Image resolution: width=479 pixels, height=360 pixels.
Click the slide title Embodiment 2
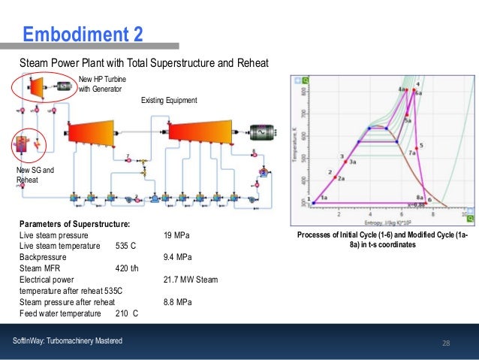tap(82, 34)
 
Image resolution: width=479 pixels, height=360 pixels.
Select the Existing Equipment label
tap(169, 100)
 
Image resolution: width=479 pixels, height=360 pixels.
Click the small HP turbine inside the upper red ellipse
tap(37, 88)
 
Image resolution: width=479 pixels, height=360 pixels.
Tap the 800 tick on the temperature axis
tap(304, 92)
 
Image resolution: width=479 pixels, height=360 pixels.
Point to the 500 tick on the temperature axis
tap(304, 158)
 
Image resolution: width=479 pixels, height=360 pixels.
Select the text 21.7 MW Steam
tap(190, 280)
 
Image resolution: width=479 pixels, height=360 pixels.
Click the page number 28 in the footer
tap(446, 343)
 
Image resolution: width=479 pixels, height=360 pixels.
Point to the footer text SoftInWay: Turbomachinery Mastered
tap(68, 342)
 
